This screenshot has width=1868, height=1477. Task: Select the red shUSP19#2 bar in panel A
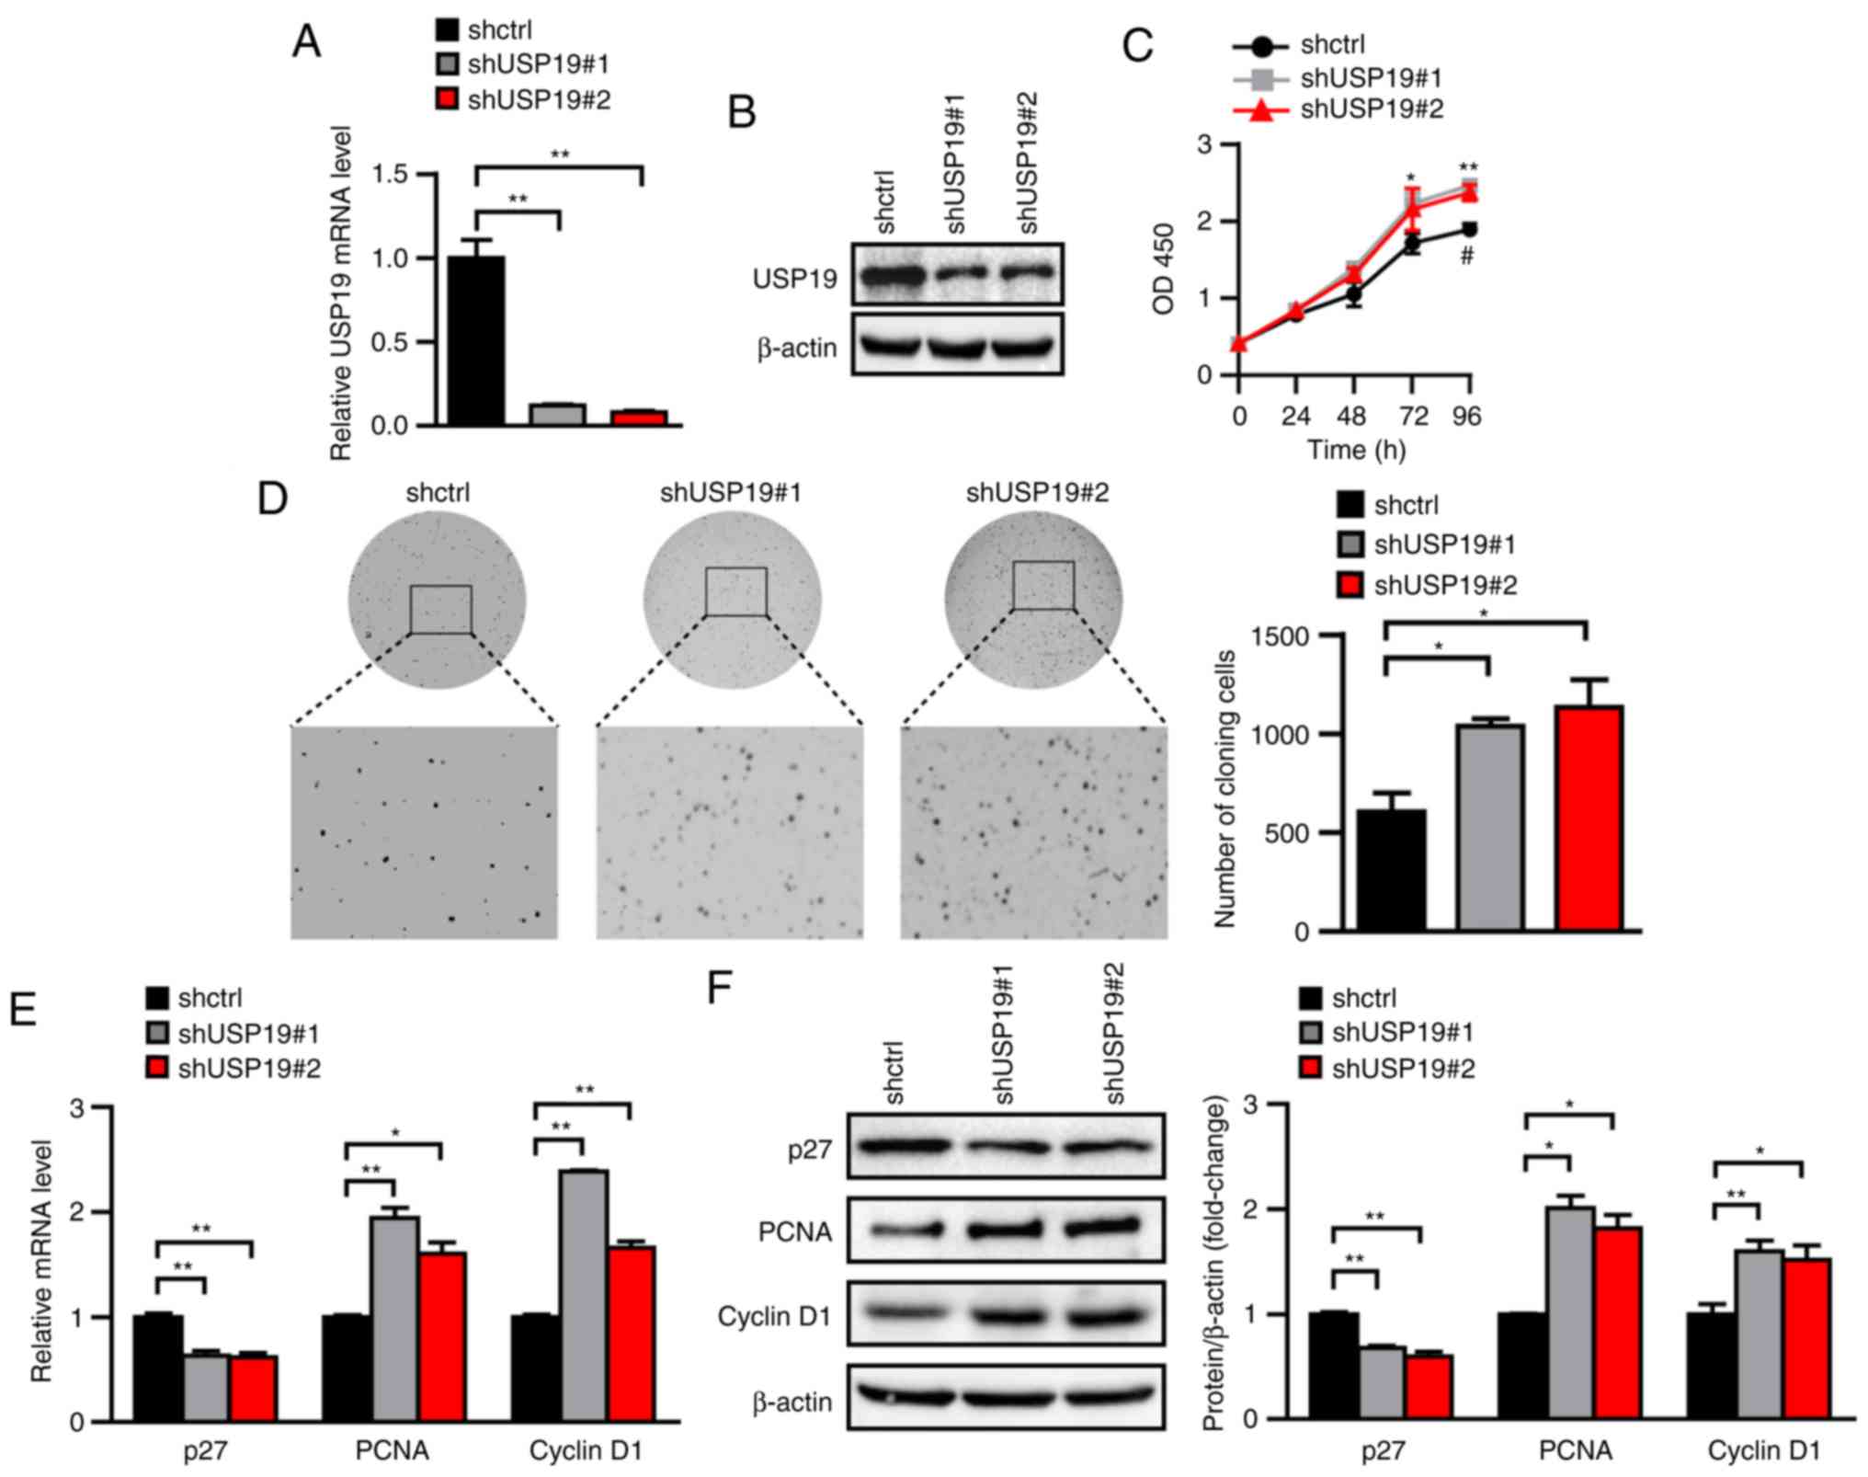click(x=639, y=418)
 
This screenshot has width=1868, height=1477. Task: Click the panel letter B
click(x=742, y=113)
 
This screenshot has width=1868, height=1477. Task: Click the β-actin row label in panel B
click(x=796, y=349)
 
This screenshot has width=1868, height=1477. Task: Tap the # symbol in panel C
click(x=1467, y=257)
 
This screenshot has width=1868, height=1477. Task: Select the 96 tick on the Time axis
click(x=1467, y=417)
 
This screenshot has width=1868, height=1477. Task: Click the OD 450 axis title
click(x=1165, y=269)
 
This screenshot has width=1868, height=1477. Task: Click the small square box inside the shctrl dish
click(x=440, y=609)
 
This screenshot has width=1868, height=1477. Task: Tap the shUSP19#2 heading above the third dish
click(x=1037, y=494)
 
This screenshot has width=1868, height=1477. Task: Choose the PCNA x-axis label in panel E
click(x=392, y=1450)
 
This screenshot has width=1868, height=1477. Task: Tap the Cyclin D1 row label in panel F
click(x=774, y=1316)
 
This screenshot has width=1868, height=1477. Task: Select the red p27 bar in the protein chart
click(x=1428, y=1386)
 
